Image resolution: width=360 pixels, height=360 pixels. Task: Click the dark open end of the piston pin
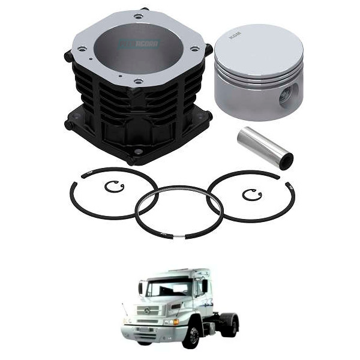[x=286, y=159]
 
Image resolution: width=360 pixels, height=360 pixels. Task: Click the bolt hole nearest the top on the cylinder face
[x=139, y=16]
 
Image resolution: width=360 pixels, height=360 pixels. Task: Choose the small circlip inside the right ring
[x=252, y=194]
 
